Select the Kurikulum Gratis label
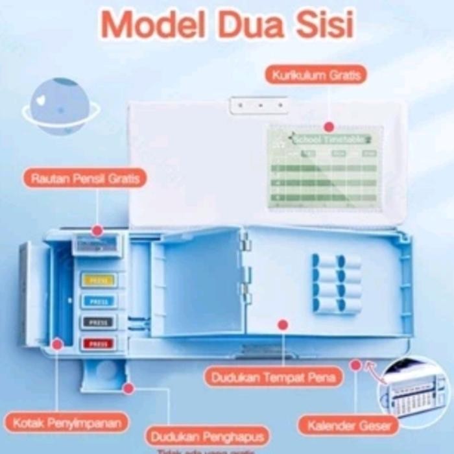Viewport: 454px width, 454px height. tap(315, 75)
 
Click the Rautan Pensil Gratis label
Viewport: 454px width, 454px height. tap(85, 178)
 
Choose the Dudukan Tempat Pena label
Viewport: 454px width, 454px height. tap(273, 377)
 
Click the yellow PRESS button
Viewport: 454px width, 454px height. tap(99, 280)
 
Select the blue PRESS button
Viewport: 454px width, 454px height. tap(99, 301)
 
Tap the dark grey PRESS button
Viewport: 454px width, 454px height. tap(99, 322)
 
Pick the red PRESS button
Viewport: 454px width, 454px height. tap(99, 343)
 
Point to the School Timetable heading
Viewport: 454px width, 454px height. tap(331, 139)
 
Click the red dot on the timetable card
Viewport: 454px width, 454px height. tap(329, 127)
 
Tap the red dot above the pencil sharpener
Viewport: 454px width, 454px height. tap(97, 230)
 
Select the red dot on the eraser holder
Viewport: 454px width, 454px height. tap(128, 388)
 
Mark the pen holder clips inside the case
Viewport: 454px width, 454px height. tap(336, 283)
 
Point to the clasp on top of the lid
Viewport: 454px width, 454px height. tap(258, 104)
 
